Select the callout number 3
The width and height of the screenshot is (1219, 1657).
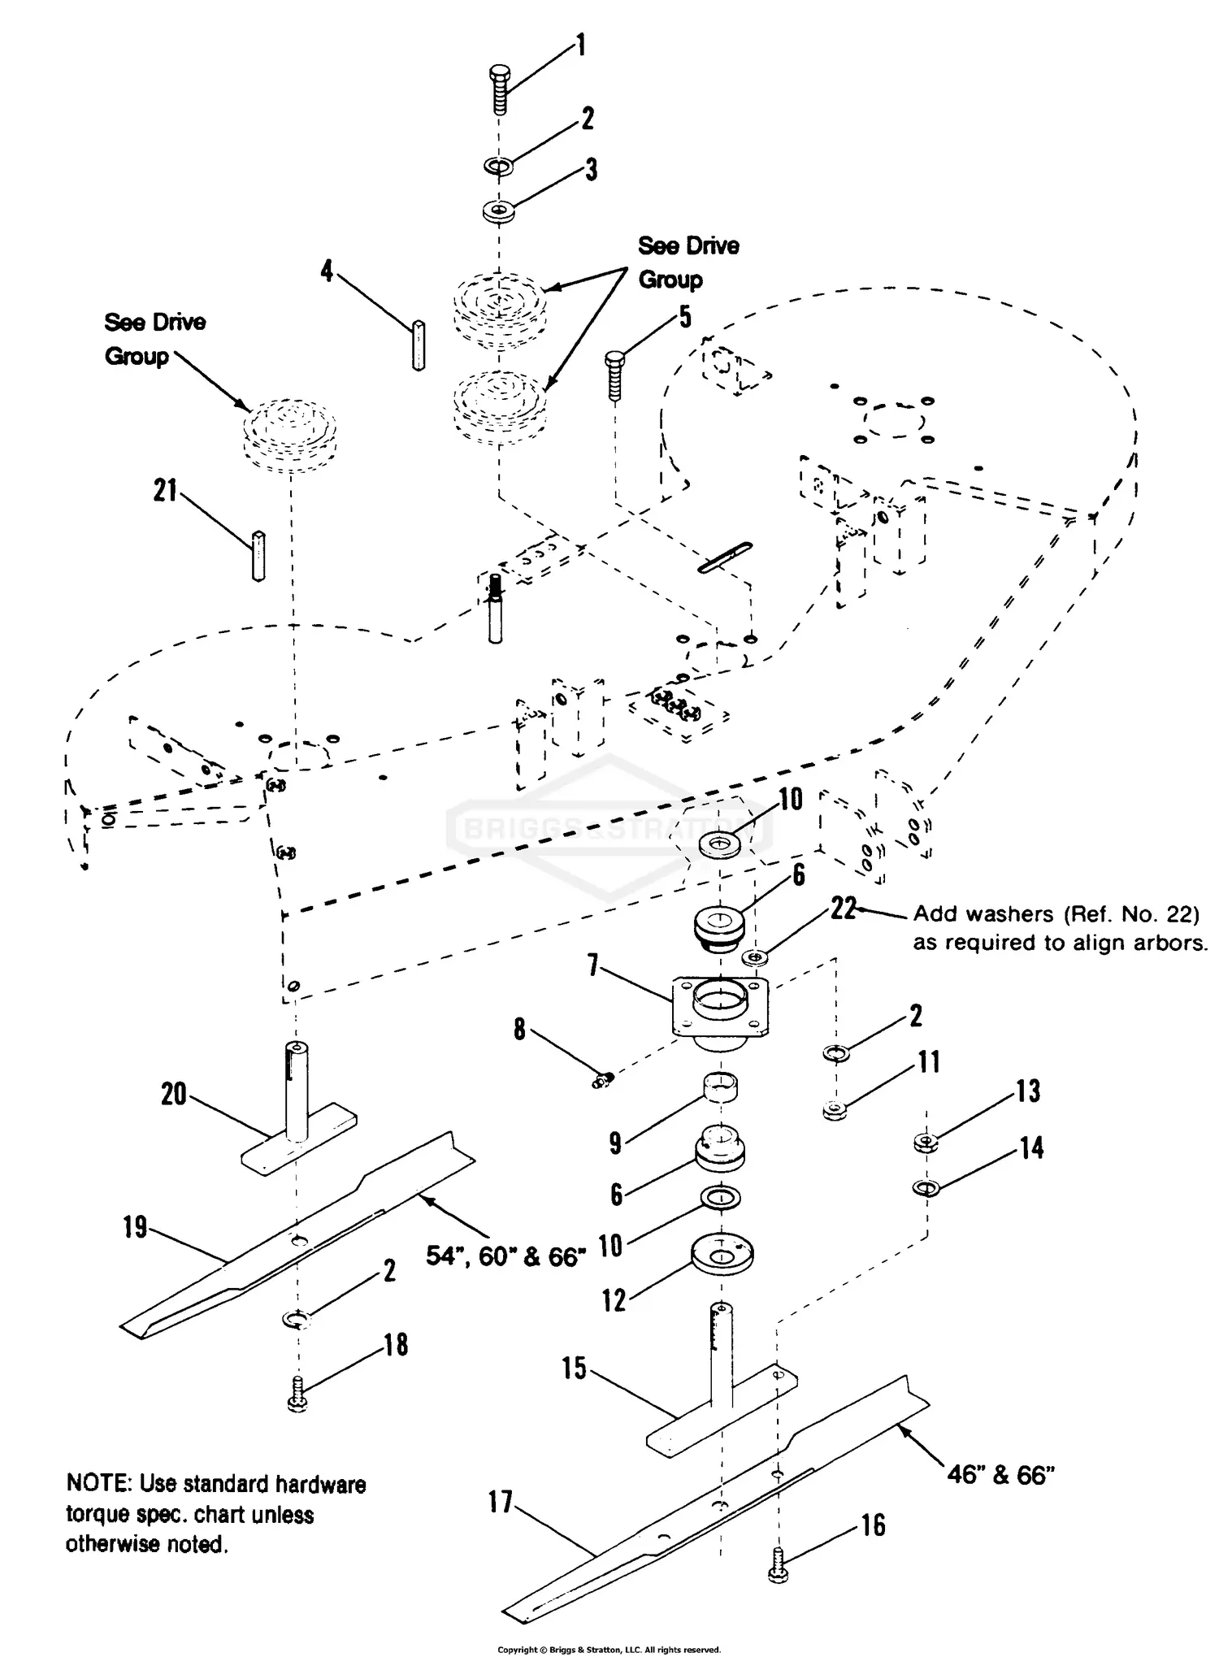[591, 169]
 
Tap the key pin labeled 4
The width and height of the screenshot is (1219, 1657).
[419, 345]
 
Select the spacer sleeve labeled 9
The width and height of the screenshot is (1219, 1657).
[720, 1087]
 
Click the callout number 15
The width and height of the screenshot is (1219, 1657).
[574, 1368]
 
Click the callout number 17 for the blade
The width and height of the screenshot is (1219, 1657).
[501, 1502]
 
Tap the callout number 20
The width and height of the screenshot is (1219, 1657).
[174, 1094]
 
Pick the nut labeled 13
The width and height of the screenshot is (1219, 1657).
[926, 1143]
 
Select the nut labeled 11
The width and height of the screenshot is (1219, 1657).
[833, 1109]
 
